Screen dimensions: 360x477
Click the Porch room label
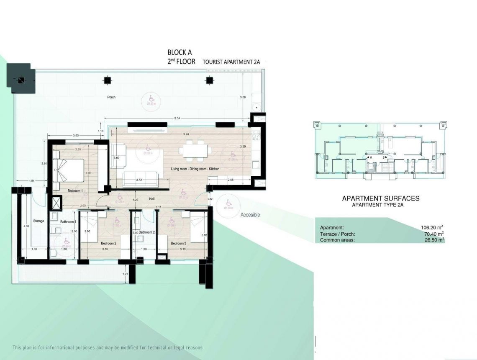tap(111, 98)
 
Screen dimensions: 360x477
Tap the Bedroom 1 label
tap(76, 191)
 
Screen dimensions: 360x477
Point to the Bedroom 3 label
tap(178, 243)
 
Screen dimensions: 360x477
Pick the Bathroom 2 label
tap(147, 232)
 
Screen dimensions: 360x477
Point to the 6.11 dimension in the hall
tap(159, 207)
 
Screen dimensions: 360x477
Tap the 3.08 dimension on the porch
tap(242, 98)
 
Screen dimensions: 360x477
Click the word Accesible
tap(250, 215)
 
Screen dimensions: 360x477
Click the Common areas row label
tap(337, 240)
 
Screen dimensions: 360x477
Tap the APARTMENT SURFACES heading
tap(380, 198)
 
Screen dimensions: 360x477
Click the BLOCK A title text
tap(180, 53)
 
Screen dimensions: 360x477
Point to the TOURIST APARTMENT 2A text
tap(231, 62)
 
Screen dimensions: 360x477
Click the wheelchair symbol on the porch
tap(150, 97)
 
